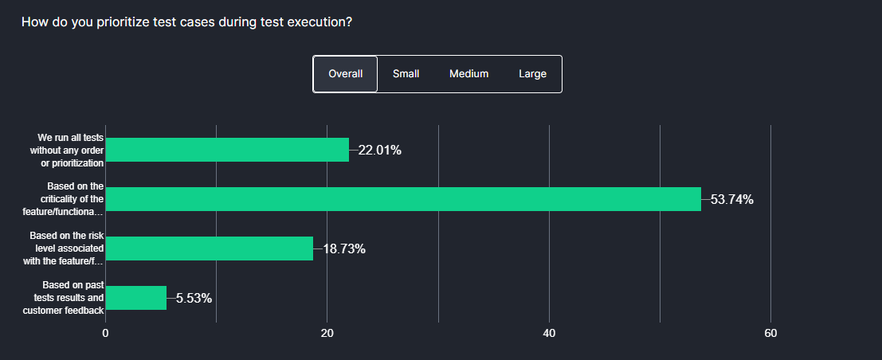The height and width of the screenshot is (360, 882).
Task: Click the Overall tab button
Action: coord(345,74)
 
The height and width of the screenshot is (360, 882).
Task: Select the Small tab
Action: coord(406,74)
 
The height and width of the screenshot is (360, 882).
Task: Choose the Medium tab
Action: coord(468,74)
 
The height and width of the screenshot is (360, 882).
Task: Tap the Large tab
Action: coord(532,74)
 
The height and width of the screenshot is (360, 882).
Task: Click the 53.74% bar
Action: coord(403,199)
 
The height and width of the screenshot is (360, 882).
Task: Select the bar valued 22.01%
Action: coord(227,150)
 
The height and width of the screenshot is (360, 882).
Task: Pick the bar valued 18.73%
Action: coord(209,248)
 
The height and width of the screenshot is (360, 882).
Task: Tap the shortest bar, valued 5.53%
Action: coord(136,298)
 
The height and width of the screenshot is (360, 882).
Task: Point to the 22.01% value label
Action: coord(379,150)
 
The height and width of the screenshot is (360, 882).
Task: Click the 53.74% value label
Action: coord(731,199)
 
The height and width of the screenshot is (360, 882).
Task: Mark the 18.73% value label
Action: coord(343,248)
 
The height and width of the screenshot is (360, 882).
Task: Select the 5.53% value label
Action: coord(194,298)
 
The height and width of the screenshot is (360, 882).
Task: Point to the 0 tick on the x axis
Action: coord(105,333)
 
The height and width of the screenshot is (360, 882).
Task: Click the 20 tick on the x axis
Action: coord(327,333)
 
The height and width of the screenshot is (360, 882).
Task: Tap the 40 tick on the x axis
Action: coord(549,333)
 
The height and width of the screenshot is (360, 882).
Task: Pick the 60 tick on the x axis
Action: coord(770,333)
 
